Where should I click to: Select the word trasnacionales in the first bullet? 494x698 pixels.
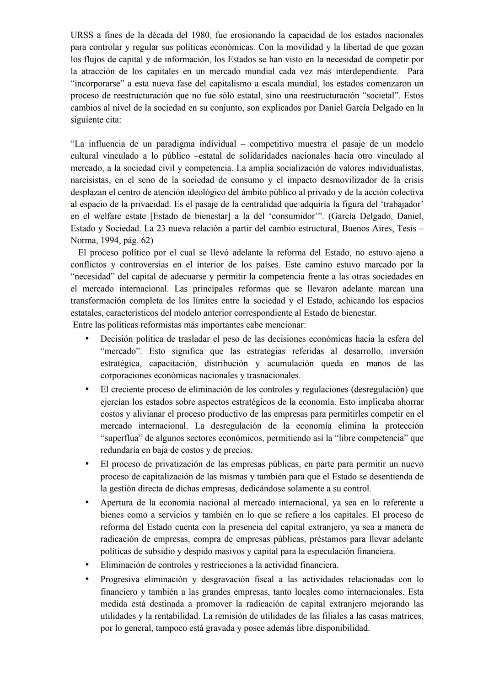[273, 376]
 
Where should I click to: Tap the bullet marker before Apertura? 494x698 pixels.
[86, 502]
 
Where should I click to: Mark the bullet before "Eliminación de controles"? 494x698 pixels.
[86, 565]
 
